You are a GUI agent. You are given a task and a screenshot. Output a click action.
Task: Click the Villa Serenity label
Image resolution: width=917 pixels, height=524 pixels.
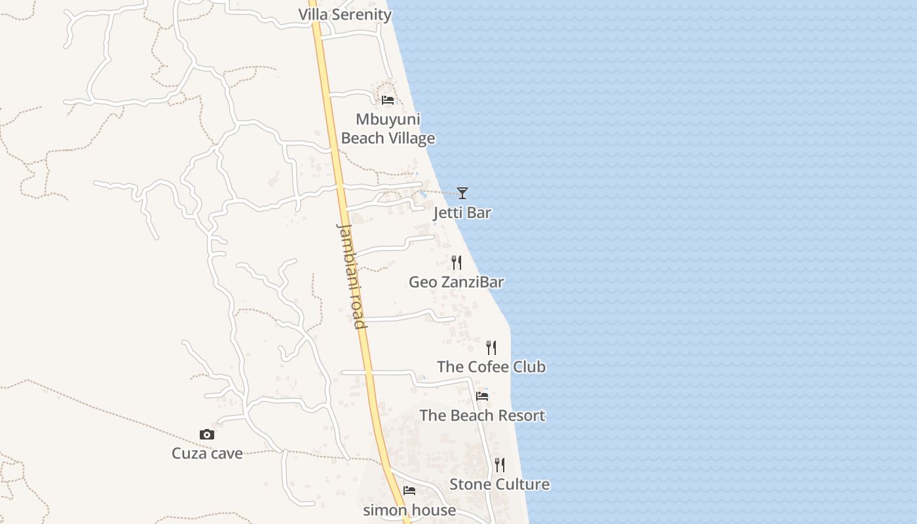(345, 14)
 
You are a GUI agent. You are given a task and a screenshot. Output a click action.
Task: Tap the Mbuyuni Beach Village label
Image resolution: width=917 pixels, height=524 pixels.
(388, 129)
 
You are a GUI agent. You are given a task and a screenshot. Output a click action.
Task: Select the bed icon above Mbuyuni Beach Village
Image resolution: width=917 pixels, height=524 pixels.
(388, 100)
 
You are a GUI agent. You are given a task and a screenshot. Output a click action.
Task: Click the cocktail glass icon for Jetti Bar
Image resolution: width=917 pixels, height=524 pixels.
(462, 193)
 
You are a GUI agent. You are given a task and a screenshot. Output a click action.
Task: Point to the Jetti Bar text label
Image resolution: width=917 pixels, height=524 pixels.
(462, 213)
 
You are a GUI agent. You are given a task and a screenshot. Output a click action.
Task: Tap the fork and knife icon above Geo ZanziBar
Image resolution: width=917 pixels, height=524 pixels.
(457, 263)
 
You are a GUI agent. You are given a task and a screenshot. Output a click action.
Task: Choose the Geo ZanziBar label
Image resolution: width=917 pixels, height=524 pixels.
(456, 282)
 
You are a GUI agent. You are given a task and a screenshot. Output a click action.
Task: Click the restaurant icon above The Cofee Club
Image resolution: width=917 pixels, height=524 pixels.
(491, 347)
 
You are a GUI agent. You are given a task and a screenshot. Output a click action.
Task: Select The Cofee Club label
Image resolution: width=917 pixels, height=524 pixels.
(491, 367)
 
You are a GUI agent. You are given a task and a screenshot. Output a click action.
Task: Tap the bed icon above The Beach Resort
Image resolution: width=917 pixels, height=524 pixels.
(482, 396)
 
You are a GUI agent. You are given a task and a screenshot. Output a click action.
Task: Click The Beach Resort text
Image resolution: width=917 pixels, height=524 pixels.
(482, 416)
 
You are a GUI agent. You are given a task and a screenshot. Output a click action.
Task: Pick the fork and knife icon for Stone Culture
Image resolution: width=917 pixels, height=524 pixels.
(499, 465)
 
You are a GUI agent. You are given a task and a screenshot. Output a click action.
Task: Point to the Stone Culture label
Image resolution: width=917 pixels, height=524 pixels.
(499, 485)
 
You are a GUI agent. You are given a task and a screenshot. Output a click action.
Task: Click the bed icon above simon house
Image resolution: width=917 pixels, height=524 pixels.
(409, 490)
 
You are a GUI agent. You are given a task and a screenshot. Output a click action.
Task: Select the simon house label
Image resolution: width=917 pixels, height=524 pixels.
(409, 510)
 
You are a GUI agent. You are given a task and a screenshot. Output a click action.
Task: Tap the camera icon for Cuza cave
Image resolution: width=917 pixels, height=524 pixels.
(207, 434)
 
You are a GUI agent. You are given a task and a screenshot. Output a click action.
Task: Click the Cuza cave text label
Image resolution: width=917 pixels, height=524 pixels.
(207, 453)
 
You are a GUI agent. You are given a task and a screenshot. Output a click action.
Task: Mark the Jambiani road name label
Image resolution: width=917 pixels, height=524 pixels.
(351, 276)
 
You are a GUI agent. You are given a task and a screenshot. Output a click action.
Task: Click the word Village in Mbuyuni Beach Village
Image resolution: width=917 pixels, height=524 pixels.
(411, 138)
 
